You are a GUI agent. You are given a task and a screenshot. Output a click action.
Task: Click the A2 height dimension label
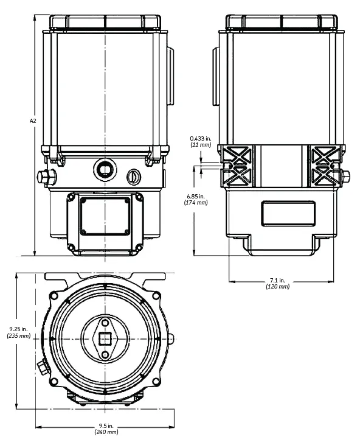[x=33, y=121]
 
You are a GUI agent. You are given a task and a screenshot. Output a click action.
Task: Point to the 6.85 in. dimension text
[x=195, y=196]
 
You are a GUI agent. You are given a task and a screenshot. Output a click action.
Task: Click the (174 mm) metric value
[x=195, y=203]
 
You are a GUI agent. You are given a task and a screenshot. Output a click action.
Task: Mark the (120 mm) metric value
[x=278, y=287]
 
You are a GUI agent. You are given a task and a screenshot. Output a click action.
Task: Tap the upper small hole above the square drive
[x=105, y=323]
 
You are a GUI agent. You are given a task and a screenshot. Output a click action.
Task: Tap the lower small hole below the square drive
[x=105, y=354]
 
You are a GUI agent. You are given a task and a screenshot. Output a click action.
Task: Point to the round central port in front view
[x=105, y=168]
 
